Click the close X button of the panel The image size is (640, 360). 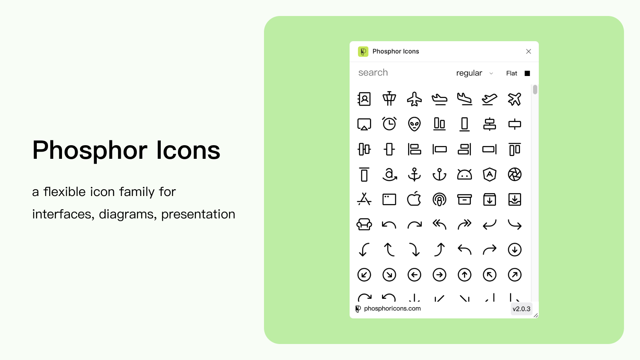pyautogui.click(x=528, y=52)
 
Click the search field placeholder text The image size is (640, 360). pyautogui.click(x=373, y=72)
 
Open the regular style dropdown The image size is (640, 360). pyautogui.click(x=474, y=73)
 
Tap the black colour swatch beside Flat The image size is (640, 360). pyautogui.click(x=527, y=74)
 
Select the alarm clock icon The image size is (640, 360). pyautogui.click(x=389, y=124)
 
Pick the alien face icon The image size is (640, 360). pyautogui.click(x=414, y=124)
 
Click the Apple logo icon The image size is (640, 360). pyautogui.click(x=414, y=199)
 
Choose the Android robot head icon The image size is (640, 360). pyautogui.click(x=464, y=174)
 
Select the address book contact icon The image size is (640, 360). pyautogui.click(x=364, y=99)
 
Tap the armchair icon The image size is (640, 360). pyautogui.click(x=364, y=224)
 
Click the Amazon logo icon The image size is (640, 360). pyautogui.click(x=389, y=174)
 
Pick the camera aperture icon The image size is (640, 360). pyautogui.click(x=514, y=174)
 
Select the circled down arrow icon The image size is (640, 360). pyautogui.click(x=514, y=250)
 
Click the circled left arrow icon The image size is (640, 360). pyautogui.click(x=414, y=274)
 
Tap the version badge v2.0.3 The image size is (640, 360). pyautogui.click(x=521, y=309)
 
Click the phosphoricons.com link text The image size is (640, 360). pyautogui.click(x=392, y=308)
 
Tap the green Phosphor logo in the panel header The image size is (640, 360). pyautogui.click(x=363, y=52)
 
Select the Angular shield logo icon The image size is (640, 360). pyautogui.click(x=490, y=174)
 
